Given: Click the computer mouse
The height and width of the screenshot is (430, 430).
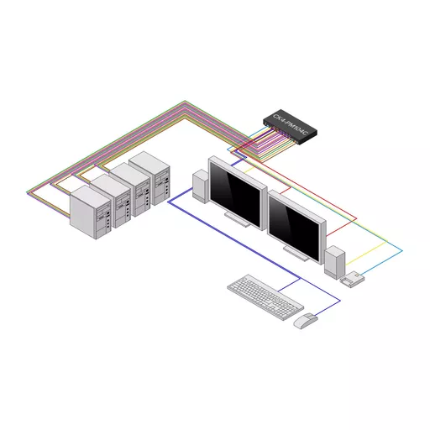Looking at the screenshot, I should point(305,319).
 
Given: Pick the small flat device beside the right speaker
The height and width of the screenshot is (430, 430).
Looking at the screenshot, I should point(353,279).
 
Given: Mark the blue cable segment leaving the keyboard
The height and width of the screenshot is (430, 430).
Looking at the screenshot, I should point(290,286).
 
